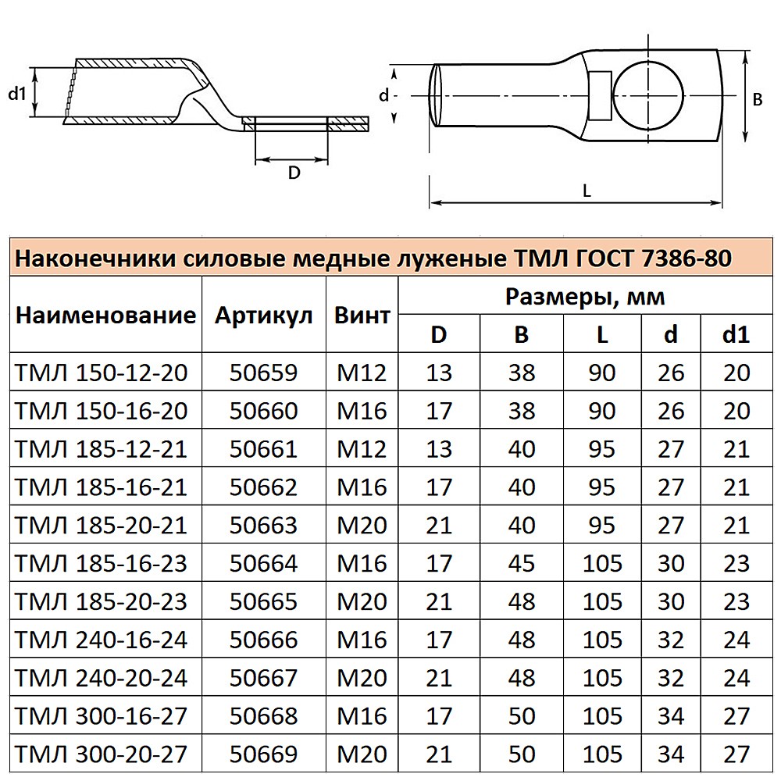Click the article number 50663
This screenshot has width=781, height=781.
[263, 526]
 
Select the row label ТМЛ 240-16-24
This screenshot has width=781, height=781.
[101, 640]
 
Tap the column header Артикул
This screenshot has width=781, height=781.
[263, 316]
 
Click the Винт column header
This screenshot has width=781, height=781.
[362, 316]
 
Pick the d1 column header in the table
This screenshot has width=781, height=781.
[736, 334]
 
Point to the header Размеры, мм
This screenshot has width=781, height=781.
[585, 297]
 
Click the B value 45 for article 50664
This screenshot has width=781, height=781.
[522, 563]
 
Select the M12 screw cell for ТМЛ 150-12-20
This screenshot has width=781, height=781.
[362, 373]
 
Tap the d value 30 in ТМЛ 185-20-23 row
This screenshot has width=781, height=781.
[671, 601]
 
